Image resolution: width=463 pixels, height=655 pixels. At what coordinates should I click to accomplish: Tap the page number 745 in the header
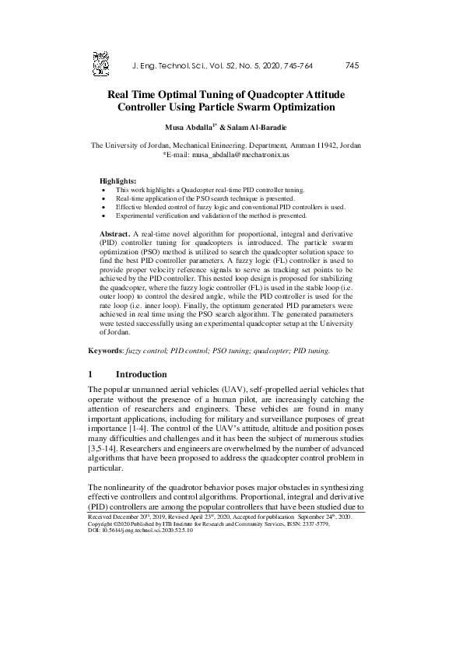click(x=350, y=65)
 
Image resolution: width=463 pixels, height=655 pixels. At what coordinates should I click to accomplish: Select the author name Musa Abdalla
click(x=189, y=126)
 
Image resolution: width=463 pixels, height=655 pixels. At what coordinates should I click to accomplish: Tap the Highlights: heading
click(x=118, y=180)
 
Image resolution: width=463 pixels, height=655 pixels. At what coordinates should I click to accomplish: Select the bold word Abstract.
click(x=116, y=233)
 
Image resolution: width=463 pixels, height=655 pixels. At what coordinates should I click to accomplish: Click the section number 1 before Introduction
click(x=91, y=374)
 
